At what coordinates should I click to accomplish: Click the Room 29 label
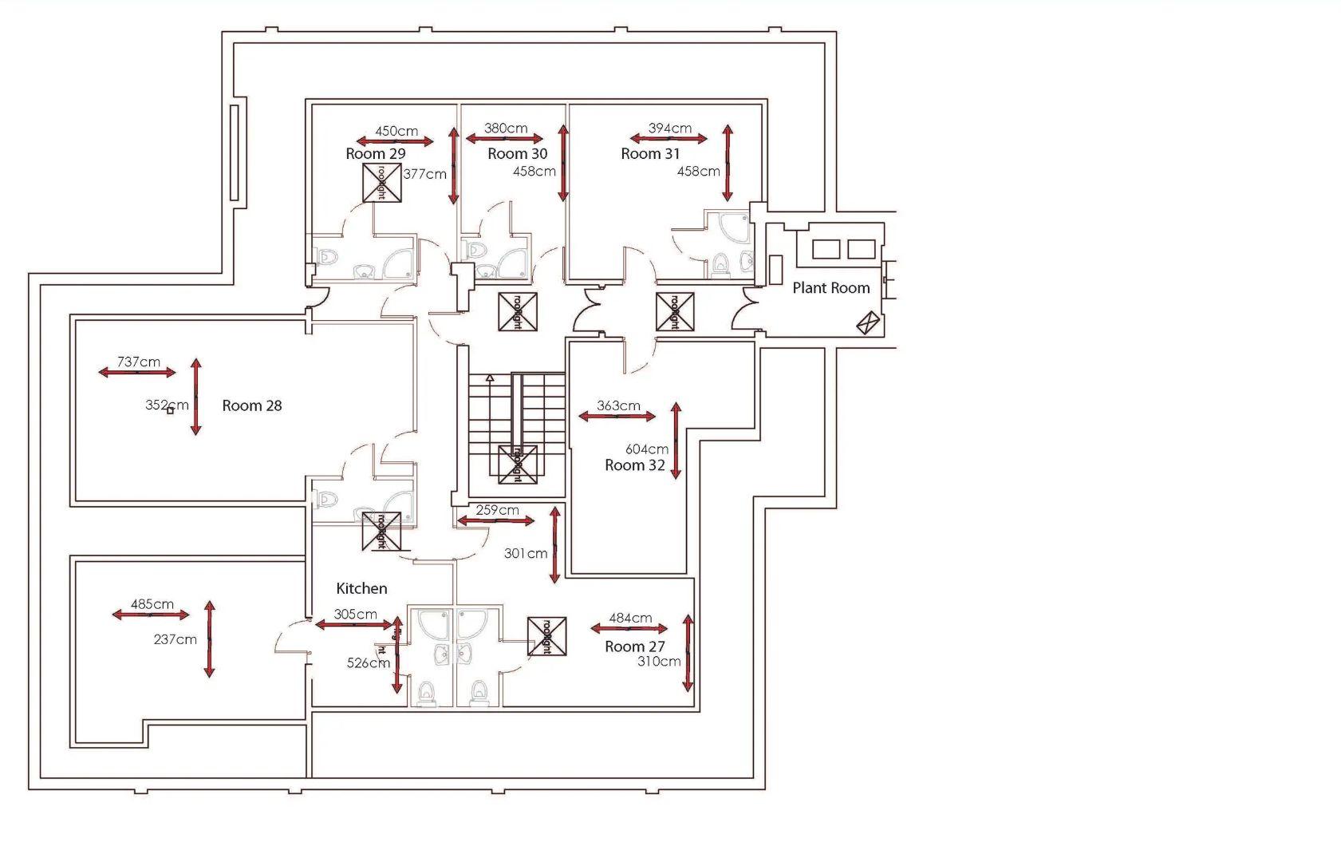point(375,153)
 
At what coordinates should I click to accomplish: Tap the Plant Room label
point(830,288)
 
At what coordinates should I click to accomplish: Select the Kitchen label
point(361,588)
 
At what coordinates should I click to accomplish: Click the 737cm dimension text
point(138,362)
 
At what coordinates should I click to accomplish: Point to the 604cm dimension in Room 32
point(646,449)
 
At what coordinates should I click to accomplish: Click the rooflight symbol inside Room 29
point(382,183)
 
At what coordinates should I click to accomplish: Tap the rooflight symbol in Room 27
point(547,636)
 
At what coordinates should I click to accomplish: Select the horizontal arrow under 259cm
point(495,521)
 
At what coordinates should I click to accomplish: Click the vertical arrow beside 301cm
point(555,544)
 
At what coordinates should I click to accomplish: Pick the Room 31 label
point(650,154)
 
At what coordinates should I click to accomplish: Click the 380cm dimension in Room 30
point(506,129)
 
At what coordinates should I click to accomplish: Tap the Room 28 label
point(251,405)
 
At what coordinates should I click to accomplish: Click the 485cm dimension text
point(152,604)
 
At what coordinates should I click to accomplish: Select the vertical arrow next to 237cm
point(209,639)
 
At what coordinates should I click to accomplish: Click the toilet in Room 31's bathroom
point(720,264)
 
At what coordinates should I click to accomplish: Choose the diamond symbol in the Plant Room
point(868,322)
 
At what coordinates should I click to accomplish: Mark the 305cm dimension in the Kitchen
point(355,614)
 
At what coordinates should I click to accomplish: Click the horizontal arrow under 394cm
point(669,139)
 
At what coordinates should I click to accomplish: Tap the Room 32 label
point(634,465)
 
